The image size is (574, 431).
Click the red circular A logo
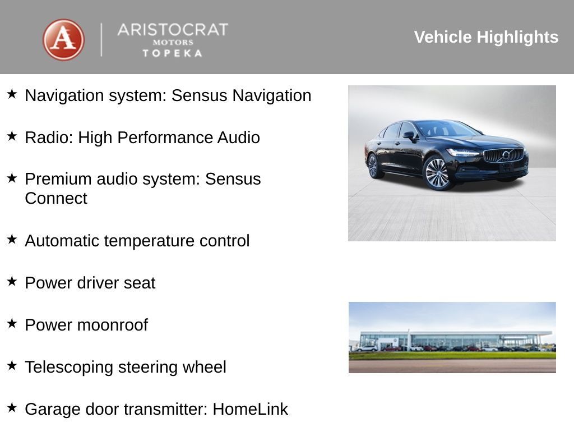(63, 40)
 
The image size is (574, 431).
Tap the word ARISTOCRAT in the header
(173, 30)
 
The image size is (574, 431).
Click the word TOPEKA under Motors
(173, 53)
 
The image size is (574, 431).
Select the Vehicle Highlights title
(486, 37)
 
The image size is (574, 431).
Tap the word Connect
(56, 199)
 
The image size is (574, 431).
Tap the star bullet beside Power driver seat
(12, 282)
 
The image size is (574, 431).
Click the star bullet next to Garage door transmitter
(12, 408)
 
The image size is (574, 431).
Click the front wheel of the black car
(437, 172)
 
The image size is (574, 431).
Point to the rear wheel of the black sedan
(373, 166)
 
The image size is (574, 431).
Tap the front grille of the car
(503, 155)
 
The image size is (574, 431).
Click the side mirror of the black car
(409, 135)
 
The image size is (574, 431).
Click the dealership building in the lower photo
(448, 340)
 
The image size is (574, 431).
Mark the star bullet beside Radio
(12, 136)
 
